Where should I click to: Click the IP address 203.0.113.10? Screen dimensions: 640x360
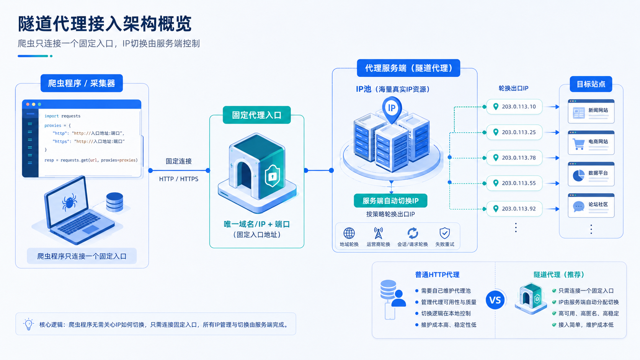(x=519, y=107)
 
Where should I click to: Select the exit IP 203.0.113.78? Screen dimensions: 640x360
(x=519, y=158)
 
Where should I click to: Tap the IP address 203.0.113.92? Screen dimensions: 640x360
(x=519, y=209)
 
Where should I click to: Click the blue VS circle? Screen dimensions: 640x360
(x=495, y=300)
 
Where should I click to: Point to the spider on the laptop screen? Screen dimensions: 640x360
(x=69, y=202)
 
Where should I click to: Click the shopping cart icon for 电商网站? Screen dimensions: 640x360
(x=579, y=144)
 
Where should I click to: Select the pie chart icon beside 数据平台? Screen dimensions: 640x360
(x=579, y=175)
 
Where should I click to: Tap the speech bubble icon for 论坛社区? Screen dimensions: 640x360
(x=579, y=207)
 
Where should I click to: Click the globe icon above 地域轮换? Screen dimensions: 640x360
(x=349, y=233)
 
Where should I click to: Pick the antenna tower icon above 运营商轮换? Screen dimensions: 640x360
(x=378, y=233)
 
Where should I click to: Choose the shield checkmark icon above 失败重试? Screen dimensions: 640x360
(x=444, y=233)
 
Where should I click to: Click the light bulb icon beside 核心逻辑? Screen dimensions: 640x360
(x=29, y=324)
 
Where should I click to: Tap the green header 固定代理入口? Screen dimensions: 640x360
(x=256, y=115)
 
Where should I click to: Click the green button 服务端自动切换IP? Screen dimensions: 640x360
(x=390, y=201)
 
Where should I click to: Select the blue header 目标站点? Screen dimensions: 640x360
(x=591, y=84)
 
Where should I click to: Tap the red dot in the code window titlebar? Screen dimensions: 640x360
(x=28, y=104)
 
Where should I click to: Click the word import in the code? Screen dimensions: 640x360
(x=51, y=116)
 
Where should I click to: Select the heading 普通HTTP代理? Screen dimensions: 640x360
(x=437, y=275)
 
